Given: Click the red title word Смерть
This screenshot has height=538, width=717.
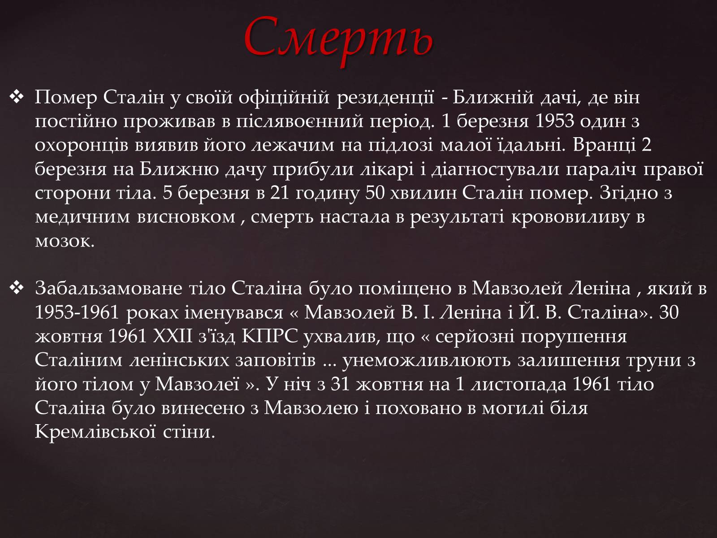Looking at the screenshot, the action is pos(338,39).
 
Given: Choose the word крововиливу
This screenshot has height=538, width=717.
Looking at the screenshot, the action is pos(570,217).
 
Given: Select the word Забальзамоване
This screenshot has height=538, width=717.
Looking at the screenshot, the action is pos(108,288).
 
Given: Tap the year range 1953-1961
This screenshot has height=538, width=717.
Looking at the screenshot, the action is pos(77,312).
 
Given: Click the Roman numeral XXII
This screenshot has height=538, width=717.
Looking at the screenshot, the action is pos(173,336).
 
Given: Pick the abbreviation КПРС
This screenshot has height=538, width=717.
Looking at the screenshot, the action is pos(269,336).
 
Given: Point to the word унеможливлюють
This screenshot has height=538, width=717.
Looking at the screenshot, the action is pos(426,360).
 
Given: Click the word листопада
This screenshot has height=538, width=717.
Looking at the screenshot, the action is pos(519,385).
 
